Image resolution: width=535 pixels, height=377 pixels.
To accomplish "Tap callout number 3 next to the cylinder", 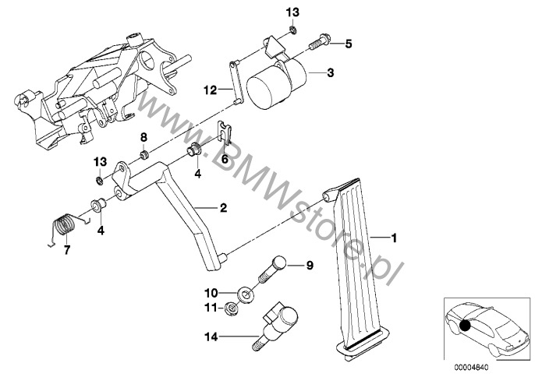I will pos(331,73).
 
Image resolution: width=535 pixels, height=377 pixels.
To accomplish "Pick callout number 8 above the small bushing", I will pos(143,139).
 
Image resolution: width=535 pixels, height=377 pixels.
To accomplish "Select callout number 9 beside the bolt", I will pos(309,266).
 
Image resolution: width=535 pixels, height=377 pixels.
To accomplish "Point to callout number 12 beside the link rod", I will pos(208,90).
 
